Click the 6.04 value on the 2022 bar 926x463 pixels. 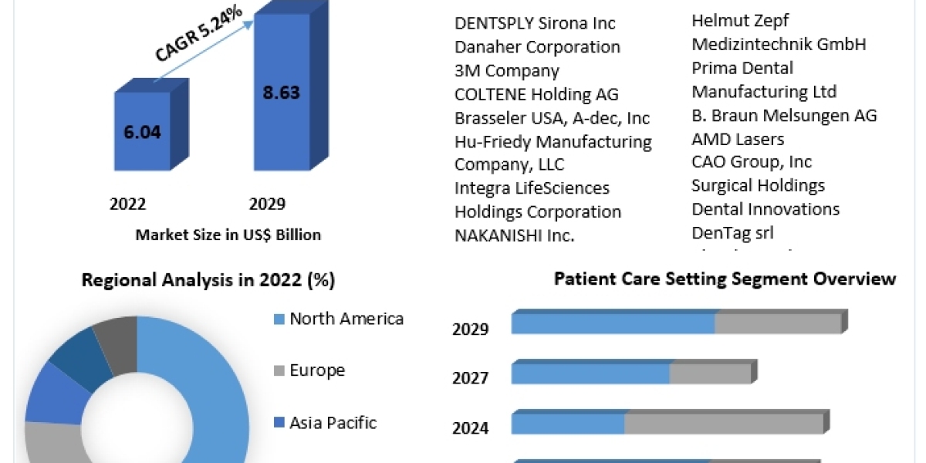142,132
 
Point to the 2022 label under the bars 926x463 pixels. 128,204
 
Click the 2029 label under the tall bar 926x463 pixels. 267,204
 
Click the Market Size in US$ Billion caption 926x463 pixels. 228,235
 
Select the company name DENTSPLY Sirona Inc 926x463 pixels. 535,24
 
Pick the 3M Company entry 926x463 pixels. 506,71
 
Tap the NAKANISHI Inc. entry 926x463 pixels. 514,235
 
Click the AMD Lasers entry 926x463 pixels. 738,139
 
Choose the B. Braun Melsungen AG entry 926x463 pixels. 784,116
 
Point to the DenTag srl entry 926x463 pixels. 732,232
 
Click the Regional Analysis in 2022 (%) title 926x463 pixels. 208,280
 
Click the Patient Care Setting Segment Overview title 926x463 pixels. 725,279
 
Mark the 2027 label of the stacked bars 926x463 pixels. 470,378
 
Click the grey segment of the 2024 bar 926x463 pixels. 724,424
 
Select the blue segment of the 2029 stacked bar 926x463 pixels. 613,323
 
